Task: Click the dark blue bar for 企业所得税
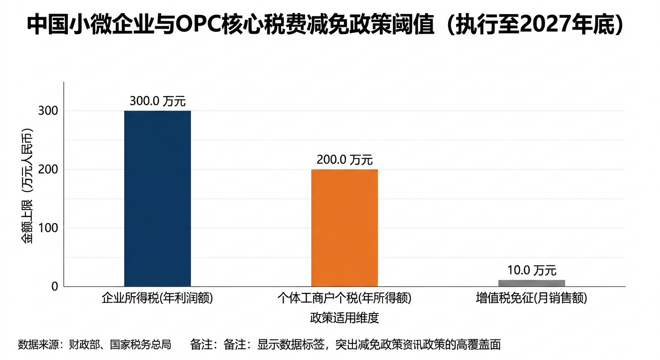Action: coord(157,198)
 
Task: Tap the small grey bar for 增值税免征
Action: coord(532,283)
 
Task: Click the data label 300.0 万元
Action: coord(157,101)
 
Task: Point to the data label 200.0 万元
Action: coord(345,160)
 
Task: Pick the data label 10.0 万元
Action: coord(532,270)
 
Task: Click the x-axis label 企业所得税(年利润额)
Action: coord(157,299)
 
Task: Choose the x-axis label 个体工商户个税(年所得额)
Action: coord(345,299)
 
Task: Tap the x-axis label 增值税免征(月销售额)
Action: coord(532,299)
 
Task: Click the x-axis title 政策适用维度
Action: coord(345,318)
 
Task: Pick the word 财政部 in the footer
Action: coord(82,345)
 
